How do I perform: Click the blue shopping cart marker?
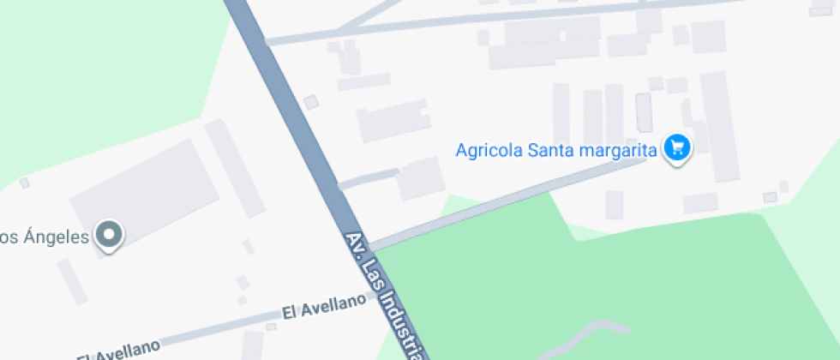[677, 149]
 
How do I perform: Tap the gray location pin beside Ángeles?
[109, 235]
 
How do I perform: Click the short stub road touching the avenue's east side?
[369, 179]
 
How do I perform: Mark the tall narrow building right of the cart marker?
[719, 126]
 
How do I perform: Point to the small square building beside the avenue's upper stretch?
[310, 102]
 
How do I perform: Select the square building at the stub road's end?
[420, 178]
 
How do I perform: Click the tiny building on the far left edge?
[25, 183]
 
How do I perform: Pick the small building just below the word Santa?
[615, 204]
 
